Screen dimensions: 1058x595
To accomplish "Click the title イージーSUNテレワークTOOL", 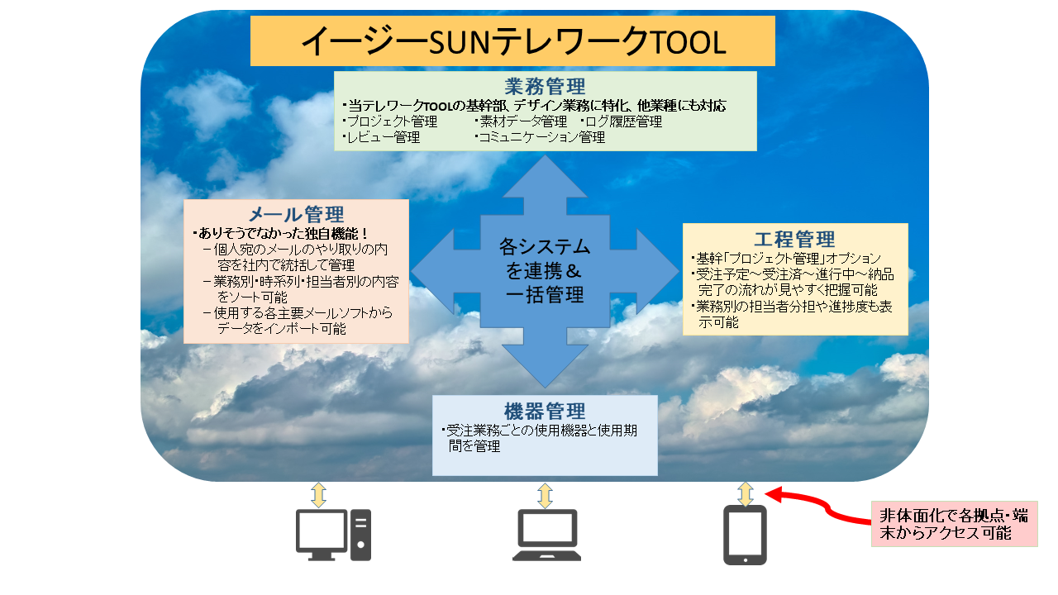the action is [513, 42].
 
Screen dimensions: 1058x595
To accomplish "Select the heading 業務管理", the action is [545, 87].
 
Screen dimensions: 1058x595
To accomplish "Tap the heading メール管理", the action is [296, 215].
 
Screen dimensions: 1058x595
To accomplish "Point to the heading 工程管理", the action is [795, 240].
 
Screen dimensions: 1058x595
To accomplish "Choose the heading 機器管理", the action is [545, 412].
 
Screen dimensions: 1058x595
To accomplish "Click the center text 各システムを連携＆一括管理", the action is [545, 271].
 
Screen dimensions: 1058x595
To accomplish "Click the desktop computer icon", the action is [333, 535].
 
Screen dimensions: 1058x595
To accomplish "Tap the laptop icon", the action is [546, 535].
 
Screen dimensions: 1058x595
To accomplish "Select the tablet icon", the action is [745, 535].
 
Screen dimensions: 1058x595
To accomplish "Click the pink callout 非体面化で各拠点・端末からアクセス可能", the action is [954, 524].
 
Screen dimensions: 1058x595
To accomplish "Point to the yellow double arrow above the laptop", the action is [545, 495].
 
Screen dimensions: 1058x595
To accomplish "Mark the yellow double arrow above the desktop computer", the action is [319, 495].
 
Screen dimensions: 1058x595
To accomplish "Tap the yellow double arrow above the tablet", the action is [746, 494].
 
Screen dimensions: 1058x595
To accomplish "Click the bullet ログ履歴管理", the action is [622, 121].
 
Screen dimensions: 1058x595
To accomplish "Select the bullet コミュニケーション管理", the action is [540, 137].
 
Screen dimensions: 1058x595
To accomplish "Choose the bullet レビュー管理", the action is [381, 137].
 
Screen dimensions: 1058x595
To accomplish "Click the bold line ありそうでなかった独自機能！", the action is [280, 233].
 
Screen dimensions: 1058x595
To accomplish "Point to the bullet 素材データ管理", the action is [521, 121].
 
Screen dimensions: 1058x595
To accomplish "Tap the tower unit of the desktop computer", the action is [361, 535].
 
